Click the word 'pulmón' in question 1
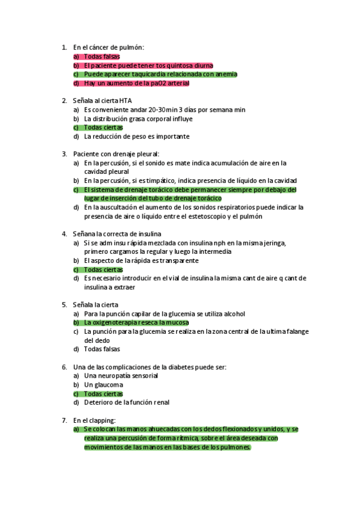tap(132, 48)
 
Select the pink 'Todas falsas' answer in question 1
tap(102, 57)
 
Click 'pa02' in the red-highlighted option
tap(160, 83)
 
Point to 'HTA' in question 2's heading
tap(125, 100)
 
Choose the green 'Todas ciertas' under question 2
tap(103, 127)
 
